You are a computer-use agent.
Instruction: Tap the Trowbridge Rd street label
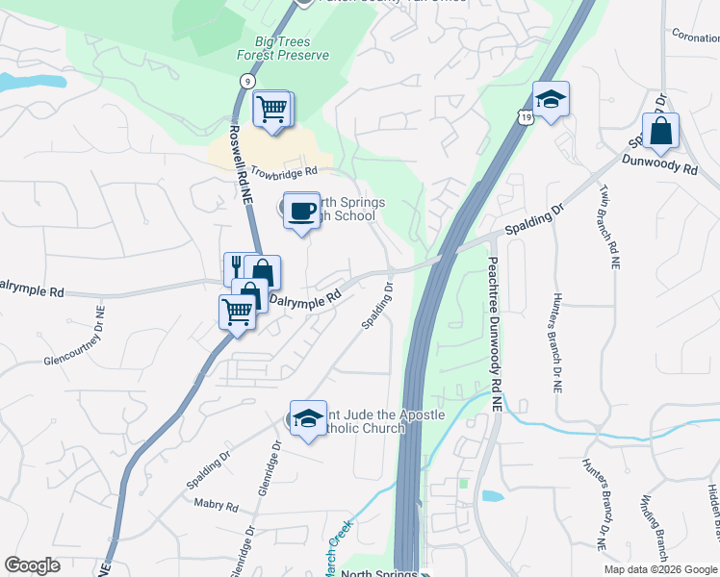(284, 172)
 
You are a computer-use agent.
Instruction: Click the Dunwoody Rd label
(659, 164)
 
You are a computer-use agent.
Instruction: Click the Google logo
(33, 565)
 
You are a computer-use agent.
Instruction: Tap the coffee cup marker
(301, 211)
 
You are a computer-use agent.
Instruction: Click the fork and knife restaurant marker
(238, 268)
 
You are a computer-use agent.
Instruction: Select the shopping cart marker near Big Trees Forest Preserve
(272, 108)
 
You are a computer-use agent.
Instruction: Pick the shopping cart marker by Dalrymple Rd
(238, 311)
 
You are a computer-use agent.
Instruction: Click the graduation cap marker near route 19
(551, 99)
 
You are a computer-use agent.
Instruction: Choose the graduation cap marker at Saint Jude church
(308, 417)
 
